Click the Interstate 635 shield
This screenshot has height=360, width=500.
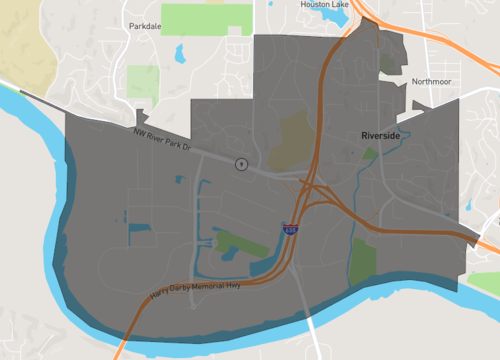pyautogui.click(x=290, y=230)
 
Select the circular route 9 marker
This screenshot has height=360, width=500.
pyautogui.click(x=241, y=163)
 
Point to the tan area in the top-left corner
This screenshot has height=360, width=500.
pyautogui.click(x=20, y=40)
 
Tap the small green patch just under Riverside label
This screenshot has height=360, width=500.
pyautogui.click(x=371, y=154)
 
